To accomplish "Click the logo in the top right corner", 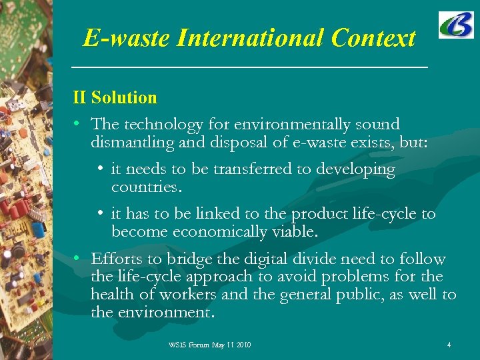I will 456,25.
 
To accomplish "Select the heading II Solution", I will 115,97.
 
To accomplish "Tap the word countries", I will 146,187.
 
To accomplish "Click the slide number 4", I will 449,345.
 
